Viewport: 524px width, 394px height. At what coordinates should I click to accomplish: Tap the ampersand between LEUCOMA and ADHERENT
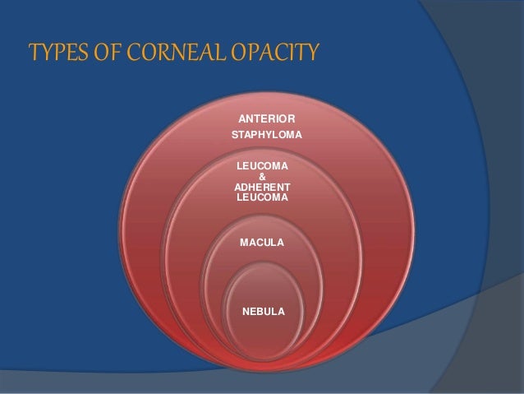(x=262, y=176)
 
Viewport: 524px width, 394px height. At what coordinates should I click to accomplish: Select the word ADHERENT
(x=262, y=187)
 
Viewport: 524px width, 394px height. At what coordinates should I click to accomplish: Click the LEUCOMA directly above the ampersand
(x=262, y=166)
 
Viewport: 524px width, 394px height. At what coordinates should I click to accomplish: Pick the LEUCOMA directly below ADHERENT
(x=262, y=197)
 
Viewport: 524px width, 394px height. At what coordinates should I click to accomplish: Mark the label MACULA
(x=262, y=243)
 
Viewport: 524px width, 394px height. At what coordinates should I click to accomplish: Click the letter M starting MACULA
(x=244, y=243)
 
